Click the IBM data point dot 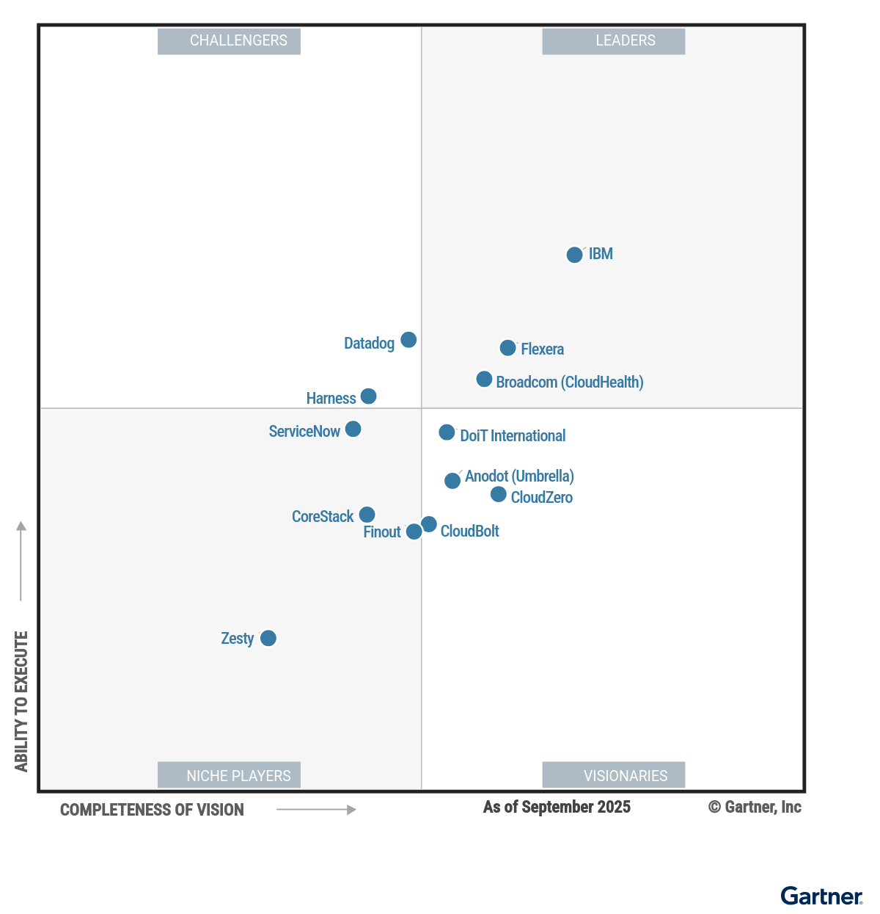tap(575, 255)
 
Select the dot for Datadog tap(408, 340)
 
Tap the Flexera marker tap(507, 348)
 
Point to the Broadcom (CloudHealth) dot tap(484, 379)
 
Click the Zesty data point tap(268, 638)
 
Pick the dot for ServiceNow tap(353, 429)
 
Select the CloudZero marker tap(499, 494)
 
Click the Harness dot tap(368, 396)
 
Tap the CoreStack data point tap(367, 515)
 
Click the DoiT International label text tap(513, 436)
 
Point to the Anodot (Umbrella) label tap(519, 476)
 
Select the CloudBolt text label tap(469, 532)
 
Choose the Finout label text tap(382, 532)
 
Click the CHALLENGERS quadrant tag tap(230, 41)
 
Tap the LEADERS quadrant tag tap(614, 41)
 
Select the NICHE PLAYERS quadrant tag tap(230, 775)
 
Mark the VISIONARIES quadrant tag tap(614, 775)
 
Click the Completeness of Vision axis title tap(152, 810)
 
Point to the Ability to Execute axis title tap(21, 701)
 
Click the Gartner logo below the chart tap(821, 896)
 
